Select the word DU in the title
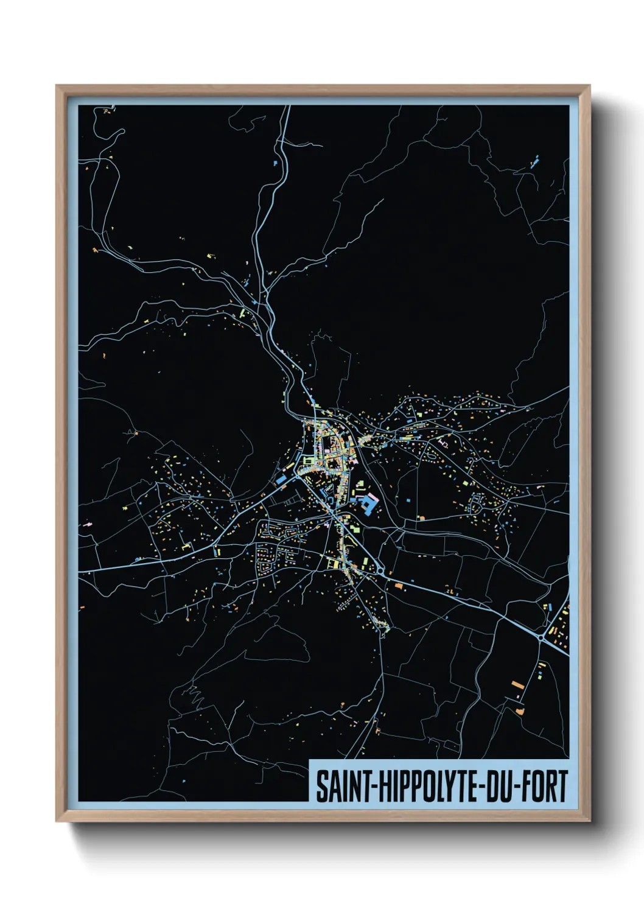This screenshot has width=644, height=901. (x=500, y=786)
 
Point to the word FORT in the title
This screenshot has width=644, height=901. (x=544, y=786)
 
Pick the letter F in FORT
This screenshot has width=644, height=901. (x=526, y=786)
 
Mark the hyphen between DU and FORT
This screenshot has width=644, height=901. (x=516, y=787)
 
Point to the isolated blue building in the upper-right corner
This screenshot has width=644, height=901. (x=536, y=162)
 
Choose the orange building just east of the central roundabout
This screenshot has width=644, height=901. (x=399, y=586)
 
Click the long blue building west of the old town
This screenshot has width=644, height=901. (x=281, y=480)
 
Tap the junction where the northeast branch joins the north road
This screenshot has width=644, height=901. (x=266, y=295)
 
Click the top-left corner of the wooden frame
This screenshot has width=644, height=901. (x=57, y=86)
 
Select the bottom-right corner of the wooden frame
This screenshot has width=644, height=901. (x=589, y=821)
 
